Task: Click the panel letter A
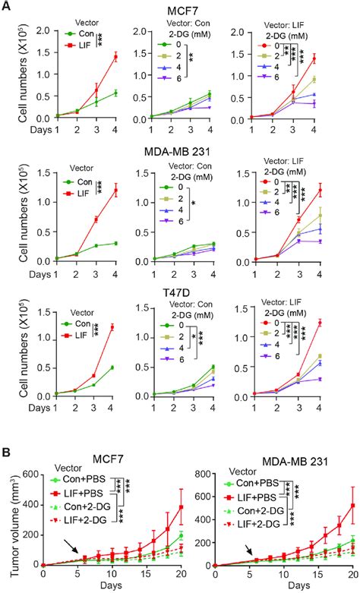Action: [x=7, y=7]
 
